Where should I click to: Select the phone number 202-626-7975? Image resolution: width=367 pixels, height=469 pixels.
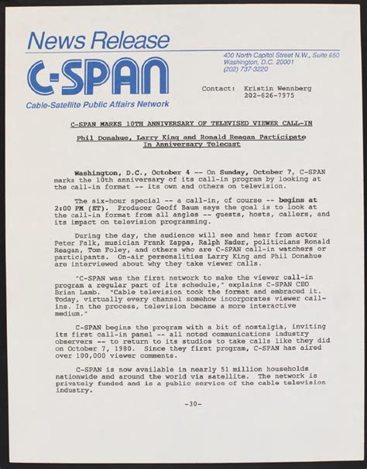click(x=269, y=97)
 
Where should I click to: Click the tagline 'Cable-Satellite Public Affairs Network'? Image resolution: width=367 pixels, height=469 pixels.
click(x=98, y=104)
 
